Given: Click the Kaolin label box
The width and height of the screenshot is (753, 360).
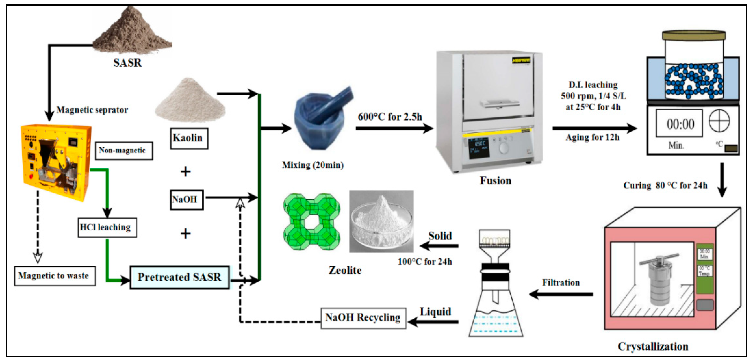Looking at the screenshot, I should [189, 138].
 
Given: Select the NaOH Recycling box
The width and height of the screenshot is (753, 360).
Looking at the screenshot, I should [363, 318].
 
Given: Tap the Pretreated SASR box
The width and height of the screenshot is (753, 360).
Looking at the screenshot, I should [179, 277].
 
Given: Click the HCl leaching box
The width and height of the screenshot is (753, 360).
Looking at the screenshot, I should [107, 227].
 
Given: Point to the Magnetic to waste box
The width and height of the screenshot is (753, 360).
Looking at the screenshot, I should [55, 276].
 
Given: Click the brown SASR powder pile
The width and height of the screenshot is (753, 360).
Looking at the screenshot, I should [131, 32].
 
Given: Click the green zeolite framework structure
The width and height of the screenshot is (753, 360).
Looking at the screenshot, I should [312, 221].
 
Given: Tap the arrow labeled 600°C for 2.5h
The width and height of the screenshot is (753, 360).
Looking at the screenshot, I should [393, 128].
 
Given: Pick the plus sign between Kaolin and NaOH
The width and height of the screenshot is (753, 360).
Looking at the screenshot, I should [186, 171].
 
